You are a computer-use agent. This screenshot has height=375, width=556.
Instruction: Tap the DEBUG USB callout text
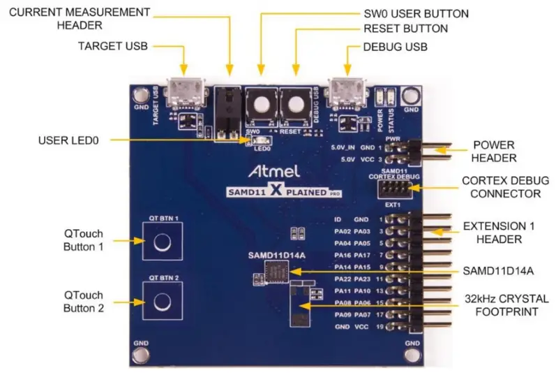(395, 46)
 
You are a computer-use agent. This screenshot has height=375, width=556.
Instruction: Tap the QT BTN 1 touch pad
(162, 242)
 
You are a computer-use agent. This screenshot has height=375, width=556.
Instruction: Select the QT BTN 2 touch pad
(162, 301)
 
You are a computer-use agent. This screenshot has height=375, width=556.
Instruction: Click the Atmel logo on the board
(276, 171)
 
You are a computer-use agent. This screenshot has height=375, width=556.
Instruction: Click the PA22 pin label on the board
(342, 278)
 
